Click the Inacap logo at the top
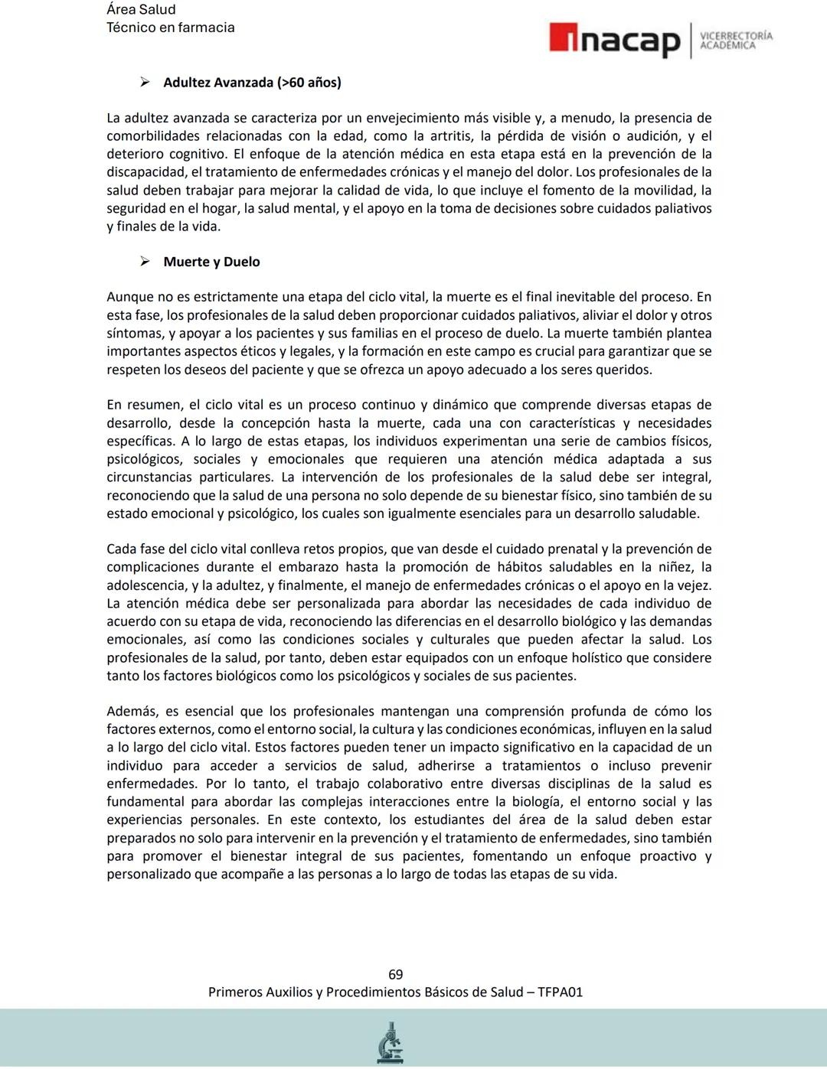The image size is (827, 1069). [x=614, y=40]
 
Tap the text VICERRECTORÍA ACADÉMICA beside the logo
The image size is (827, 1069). [x=736, y=40]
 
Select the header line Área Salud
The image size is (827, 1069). [x=141, y=9]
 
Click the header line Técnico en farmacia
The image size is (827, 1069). [x=170, y=28]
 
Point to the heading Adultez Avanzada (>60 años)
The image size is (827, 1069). [x=252, y=83]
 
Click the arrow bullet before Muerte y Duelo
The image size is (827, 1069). [x=144, y=262]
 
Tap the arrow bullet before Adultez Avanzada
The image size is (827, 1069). [x=144, y=83]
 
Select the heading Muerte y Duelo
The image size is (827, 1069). [x=211, y=262]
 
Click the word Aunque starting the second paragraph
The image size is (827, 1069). [x=129, y=297]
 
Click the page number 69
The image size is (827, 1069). [x=395, y=974]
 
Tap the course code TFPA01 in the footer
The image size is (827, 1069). [x=560, y=992]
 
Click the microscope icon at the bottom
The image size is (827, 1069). [x=391, y=1043]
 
